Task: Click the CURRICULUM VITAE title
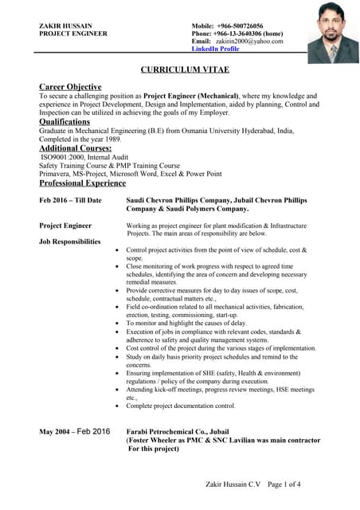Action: (180, 70)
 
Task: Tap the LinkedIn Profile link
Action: (215, 49)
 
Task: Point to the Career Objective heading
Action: (70, 86)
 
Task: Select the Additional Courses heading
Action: (76, 148)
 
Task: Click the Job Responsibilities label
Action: (70, 241)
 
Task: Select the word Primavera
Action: (56, 175)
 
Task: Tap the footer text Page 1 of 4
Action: (284, 484)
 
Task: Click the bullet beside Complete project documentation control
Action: (118, 406)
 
